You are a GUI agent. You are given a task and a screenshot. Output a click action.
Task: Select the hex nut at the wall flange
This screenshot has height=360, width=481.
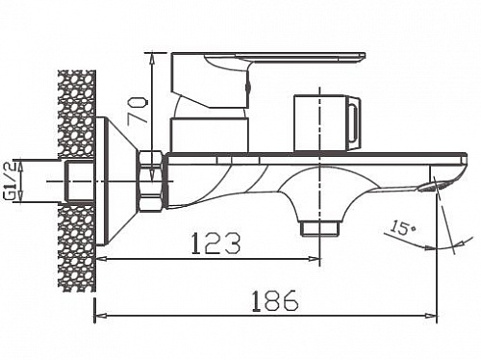(x=151, y=180)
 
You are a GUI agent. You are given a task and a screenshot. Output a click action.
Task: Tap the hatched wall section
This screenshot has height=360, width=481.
(x=77, y=173)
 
